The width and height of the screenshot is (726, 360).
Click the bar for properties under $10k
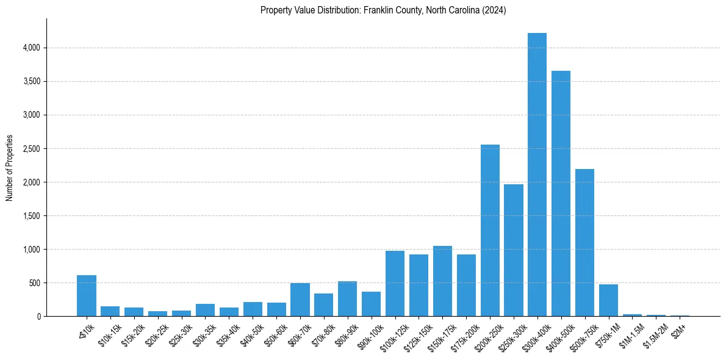click(87, 296)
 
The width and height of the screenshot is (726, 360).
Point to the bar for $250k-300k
click(514, 250)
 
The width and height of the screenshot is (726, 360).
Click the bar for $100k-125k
click(395, 284)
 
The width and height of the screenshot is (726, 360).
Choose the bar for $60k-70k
click(300, 300)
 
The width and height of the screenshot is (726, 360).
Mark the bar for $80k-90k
click(347, 299)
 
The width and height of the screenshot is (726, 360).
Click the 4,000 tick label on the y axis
click(31, 48)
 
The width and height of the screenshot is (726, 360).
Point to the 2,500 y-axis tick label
click(31, 149)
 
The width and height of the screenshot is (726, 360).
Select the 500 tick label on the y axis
click(34, 283)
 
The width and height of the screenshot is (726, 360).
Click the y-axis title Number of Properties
click(10, 167)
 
